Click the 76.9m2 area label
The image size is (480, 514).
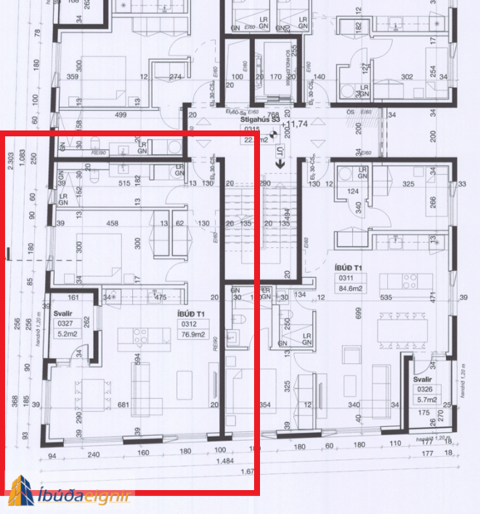189,336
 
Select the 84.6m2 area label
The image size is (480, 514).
346,289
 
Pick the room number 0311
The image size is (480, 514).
345,279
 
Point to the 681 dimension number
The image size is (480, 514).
124,405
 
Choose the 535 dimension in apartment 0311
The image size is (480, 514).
384,296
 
